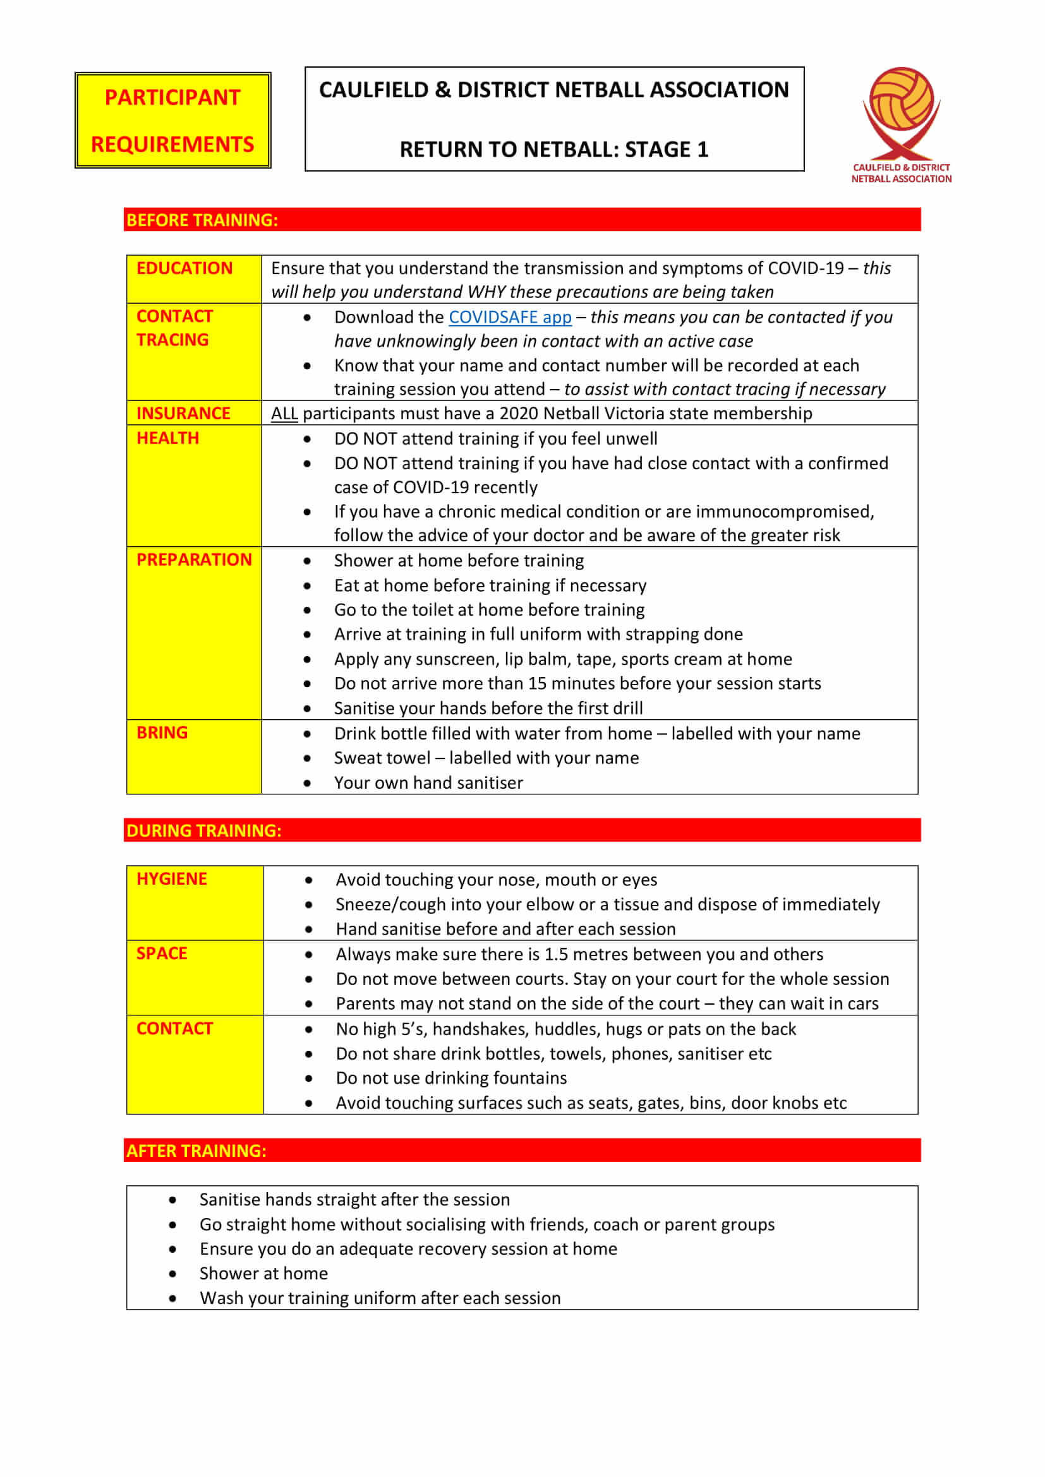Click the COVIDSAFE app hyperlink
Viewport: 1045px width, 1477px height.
pyautogui.click(x=510, y=317)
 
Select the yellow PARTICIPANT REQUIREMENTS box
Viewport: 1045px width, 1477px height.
pyautogui.click(x=172, y=121)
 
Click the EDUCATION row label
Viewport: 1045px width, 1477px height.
pyautogui.click(x=184, y=268)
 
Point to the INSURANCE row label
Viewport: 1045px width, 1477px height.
pyautogui.click(x=183, y=413)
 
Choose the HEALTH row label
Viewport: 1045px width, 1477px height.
pyautogui.click(x=168, y=438)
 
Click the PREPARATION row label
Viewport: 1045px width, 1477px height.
pyautogui.click(x=194, y=559)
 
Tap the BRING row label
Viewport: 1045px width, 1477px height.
pyautogui.click(x=162, y=733)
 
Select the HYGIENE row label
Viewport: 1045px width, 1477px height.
pyautogui.click(x=172, y=879)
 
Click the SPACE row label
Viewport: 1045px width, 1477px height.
pyautogui.click(x=162, y=954)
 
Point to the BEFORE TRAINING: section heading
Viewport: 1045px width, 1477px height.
pyautogui.click(x=202, y=220)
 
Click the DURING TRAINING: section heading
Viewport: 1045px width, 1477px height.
pyautogui.click(x=204, y=830)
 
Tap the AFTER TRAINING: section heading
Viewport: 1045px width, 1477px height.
pyautogui.click(x=196, y=1151)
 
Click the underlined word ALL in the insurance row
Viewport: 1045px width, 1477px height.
pyautogui.click(x=284, y=413)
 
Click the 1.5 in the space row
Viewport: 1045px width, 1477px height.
pyautogui.click(x=556, y=954)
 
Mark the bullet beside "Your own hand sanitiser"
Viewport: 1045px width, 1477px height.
pyautogui.click(x=308, y=784)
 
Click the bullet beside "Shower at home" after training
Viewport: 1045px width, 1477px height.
pyautogui.click(x=172, y=1274)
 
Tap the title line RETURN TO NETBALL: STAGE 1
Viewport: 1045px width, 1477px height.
pyautogui.click(x=553, y=149)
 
